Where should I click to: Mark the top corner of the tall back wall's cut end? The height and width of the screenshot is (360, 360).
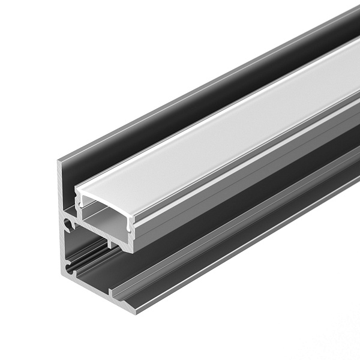coord(61,161)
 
